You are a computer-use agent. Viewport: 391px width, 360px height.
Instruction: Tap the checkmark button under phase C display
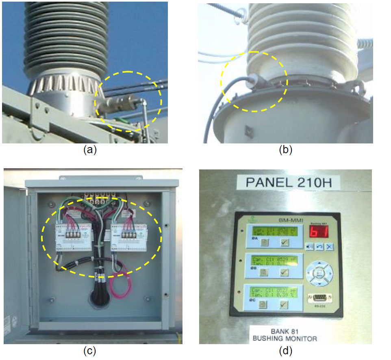tap(284, 305)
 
